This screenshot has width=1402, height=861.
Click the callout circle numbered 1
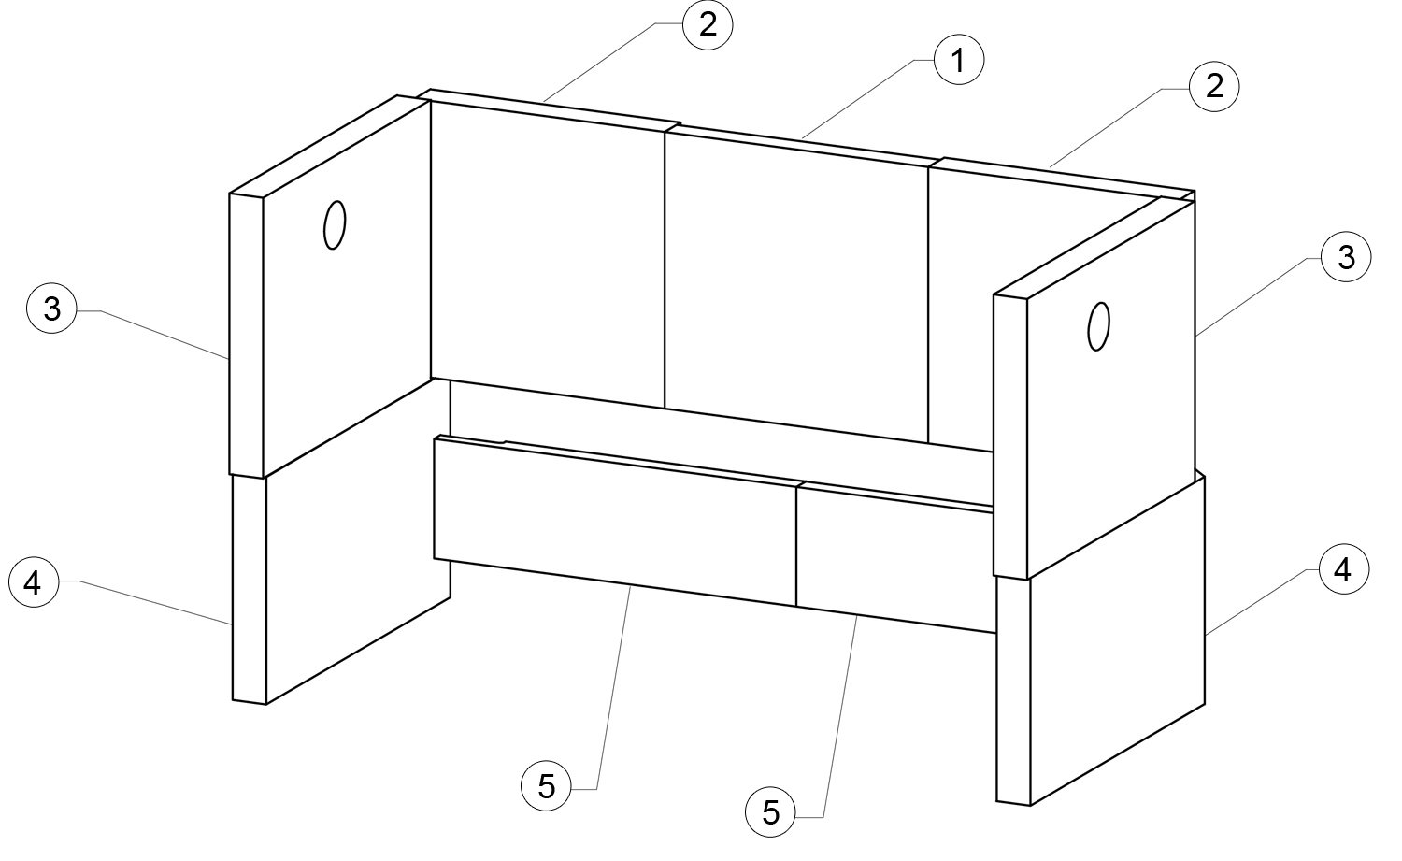tap(958, 60)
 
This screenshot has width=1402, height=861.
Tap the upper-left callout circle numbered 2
tap(708, 24)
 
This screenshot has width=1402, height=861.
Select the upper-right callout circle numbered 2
tap(1214, 86)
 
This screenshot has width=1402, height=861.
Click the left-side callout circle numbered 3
tap(51, 309)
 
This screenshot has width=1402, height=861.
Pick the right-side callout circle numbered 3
tap(1346, 257)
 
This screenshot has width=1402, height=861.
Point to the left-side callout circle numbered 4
tap(33, 583)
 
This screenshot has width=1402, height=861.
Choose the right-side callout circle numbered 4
tap(1343, 569)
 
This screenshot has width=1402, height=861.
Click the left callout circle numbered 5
tap(547, 786)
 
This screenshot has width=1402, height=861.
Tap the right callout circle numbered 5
tap(770, 812)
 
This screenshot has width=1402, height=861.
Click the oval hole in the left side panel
tap(335, 224)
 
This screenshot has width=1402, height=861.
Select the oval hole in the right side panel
tap(1098, 326)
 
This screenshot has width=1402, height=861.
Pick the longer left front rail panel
tap(615, 521)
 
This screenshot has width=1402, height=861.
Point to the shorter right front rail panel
tap(895, 558)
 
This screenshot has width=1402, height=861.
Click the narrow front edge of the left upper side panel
tap(247, 335)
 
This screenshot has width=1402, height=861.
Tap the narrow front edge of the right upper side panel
tap(1010, 436)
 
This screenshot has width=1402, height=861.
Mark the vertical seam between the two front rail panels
tap(796, 546)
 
